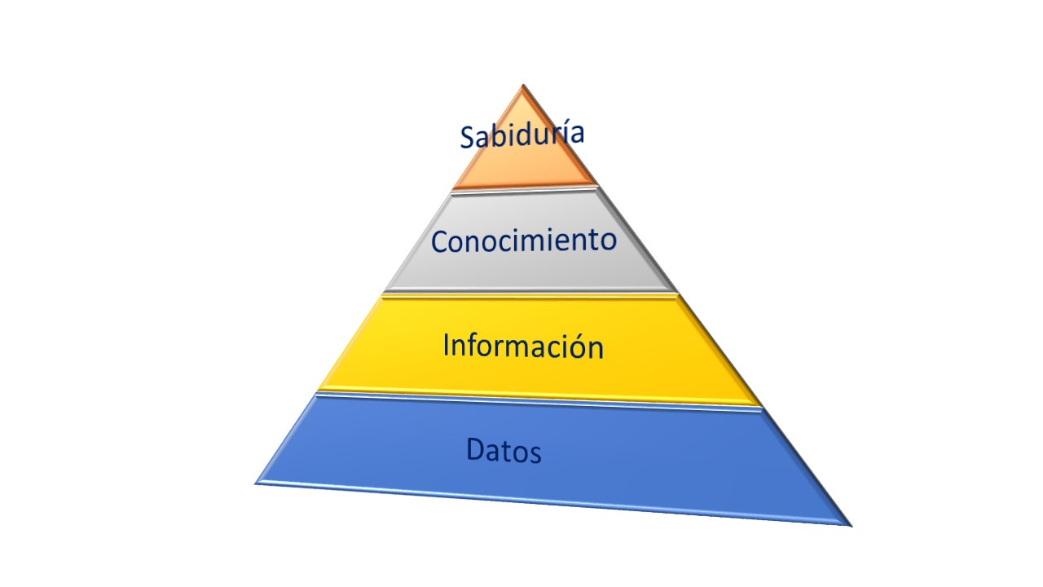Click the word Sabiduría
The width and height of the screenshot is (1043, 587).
[521, 135]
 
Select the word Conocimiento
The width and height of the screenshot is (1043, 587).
[523, 241]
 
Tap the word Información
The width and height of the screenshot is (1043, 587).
[523, 346]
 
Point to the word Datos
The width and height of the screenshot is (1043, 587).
[504, 450]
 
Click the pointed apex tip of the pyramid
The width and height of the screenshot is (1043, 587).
[522, 86]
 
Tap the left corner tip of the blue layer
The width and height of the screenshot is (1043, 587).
[257, 483]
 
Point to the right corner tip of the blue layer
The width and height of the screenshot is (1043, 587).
[850, 525]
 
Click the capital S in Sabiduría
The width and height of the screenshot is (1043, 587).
[467, 138]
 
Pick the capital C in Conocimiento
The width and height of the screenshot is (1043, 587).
[439, 242]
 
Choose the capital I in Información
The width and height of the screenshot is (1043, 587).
[447, 344]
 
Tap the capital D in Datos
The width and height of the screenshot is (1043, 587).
[476, 448]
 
